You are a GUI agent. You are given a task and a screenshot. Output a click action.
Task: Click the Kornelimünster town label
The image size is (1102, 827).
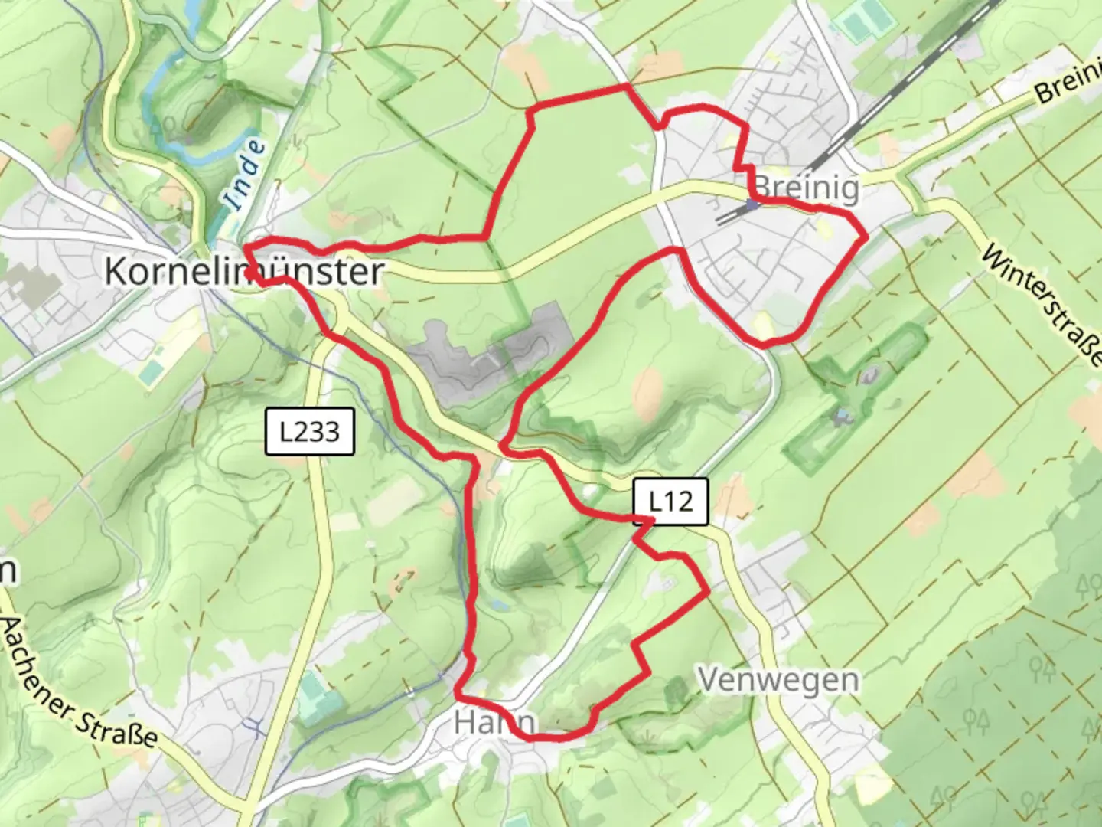click(243, 271)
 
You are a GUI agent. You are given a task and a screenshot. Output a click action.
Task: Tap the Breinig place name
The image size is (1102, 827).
click(806, 188)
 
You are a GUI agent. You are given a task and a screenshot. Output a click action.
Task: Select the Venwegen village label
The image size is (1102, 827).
click(778, 679)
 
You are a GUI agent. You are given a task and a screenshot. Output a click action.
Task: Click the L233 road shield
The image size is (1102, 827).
click(310, 431)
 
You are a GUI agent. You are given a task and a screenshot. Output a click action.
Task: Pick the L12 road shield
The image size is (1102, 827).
click(670, 502)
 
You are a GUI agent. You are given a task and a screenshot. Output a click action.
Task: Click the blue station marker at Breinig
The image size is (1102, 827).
click(752, 204)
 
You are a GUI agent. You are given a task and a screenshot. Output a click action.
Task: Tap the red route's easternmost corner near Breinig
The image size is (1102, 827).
click(866, 238)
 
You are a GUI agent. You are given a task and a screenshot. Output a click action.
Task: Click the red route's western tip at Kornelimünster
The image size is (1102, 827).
click(246, 247)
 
